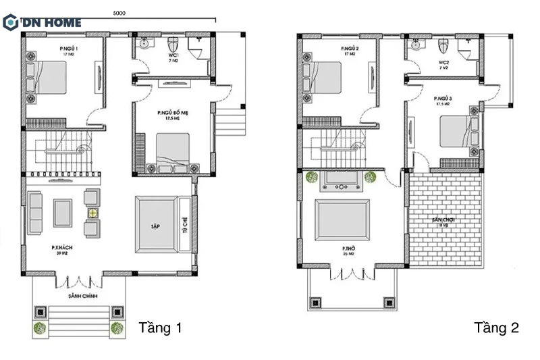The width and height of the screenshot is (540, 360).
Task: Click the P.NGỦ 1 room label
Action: click(x=69, y=49)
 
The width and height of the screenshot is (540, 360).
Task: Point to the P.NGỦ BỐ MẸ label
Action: click(x=173, y=113)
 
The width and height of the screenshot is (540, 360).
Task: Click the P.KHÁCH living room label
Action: click(x=62, y=249)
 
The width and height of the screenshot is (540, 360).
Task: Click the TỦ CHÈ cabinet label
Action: click(x=184, y=226)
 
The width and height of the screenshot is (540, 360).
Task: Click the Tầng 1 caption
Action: click(x=160, y=328)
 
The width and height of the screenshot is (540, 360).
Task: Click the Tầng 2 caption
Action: click(x=496, y=328)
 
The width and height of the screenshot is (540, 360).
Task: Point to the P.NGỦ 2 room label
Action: click(x=349, y=49)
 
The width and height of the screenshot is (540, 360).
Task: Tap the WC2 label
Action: click(x=444, y=61)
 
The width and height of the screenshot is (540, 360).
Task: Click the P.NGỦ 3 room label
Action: click(x=443, y=99)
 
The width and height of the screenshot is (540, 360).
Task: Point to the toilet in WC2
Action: click(x=443, y=46)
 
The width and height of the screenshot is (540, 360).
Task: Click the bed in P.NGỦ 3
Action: click(x=458, y=132)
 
